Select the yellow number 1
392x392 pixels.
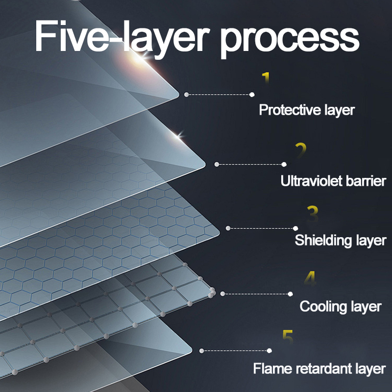266,78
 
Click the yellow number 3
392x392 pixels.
313,213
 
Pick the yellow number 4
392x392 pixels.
310,278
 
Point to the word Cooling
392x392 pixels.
323,307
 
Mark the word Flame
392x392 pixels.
269,368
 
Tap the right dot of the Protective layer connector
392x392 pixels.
252,95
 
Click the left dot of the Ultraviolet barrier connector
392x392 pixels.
217,164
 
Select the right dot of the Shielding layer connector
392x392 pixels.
295,228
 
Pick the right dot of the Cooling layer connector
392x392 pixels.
290,294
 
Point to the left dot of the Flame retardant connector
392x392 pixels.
202,350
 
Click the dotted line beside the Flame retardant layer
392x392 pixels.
235,350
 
